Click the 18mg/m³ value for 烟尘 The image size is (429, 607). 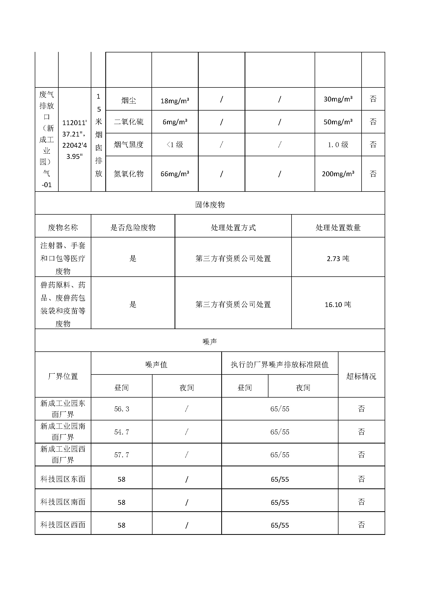175,101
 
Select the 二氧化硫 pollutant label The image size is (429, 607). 128,122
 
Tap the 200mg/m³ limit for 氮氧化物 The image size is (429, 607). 338,174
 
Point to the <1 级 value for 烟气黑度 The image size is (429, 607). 175,145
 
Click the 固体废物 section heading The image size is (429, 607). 210,204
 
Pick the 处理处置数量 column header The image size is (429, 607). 338,228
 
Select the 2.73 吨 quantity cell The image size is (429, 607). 338,258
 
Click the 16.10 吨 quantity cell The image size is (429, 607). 338,305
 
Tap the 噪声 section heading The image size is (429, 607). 210,342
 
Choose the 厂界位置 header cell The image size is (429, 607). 63,376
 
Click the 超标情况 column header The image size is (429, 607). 361,376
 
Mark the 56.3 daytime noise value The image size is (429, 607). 121,409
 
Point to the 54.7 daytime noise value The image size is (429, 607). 121,432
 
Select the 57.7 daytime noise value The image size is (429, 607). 121,455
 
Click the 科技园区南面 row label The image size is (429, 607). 63,502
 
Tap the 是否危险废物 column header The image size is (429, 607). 133,228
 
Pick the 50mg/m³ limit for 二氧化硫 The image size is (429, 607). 338,122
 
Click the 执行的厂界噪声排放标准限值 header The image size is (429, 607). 280,365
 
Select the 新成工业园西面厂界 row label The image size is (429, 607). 63,454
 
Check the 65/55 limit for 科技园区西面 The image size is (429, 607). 280,525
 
